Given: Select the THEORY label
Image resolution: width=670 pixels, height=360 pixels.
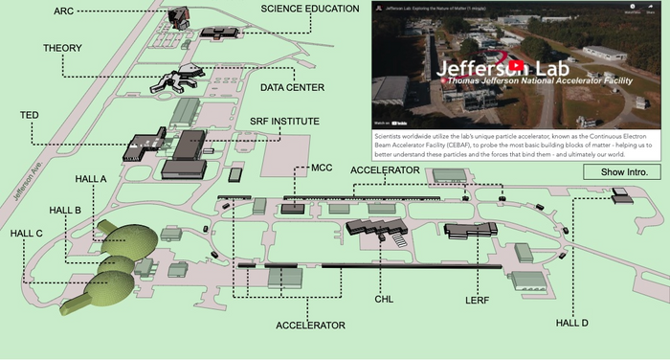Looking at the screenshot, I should click(63, 48).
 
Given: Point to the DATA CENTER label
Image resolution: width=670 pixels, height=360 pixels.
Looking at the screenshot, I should click(292, 87).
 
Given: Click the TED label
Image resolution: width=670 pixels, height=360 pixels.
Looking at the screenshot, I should click(30, 115).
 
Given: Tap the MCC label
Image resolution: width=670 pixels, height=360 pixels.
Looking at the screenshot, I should click(322, 168).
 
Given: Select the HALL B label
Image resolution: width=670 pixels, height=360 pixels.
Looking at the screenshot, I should click(64, 210).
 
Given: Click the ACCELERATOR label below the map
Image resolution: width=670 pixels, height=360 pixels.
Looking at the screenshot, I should click(309, 326).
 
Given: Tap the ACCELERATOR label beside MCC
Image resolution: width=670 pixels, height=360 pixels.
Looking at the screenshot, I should click(385, 169).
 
